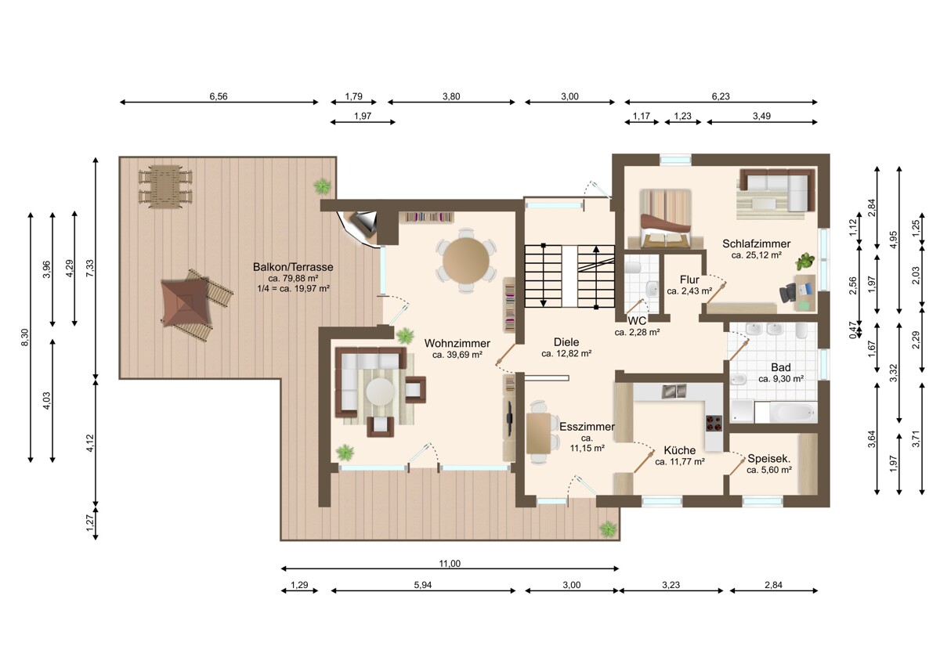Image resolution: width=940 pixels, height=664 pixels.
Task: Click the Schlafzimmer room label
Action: [x=756, y=244]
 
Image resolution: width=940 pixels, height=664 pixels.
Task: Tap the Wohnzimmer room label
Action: [x=457, y=343]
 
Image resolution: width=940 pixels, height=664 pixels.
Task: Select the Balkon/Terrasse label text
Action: [x=293, y=267]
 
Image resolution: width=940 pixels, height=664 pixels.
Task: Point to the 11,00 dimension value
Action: [x=450, y=563]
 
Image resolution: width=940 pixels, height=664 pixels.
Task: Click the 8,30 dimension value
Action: [x=25, y=337]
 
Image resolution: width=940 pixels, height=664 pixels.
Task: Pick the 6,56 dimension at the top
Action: [x=219, y=96]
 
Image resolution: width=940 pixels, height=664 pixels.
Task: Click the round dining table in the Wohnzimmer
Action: [x=466, y=260]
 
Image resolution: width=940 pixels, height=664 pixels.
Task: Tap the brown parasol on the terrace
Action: [x=186, y=302]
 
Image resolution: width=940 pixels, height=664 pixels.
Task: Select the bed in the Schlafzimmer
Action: [x=665, y=219]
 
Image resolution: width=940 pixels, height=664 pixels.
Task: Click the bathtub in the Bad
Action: [x=793, y=413]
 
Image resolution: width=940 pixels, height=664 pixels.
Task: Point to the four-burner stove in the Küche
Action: [x=714, y=424]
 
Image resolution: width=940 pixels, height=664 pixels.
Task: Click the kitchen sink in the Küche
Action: [x=674, y=391]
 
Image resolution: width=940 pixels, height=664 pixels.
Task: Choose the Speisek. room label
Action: [x=768, y=459]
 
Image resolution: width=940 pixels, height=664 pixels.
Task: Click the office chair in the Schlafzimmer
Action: [x=788, y=292]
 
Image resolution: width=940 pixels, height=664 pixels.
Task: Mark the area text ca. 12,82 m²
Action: [x=566, y=354]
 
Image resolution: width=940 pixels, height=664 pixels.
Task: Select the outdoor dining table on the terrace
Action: [x=165, y=186]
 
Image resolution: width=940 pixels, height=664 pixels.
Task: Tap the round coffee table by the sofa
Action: [x=380, y=392]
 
